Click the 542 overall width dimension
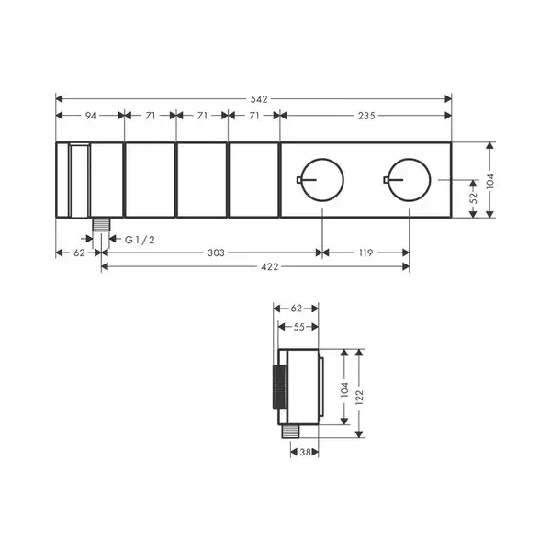tap(259, 99)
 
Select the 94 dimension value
tap(91, 116)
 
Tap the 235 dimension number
tap(366, 116)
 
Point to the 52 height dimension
tap(473, 197)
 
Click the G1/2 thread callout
tap(140, 240)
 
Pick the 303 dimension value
tap(216, 253)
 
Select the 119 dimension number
tap(366, 253)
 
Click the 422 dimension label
tap(270, 267)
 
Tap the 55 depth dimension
tap(298, 327)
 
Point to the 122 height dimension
tap(359, 397)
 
